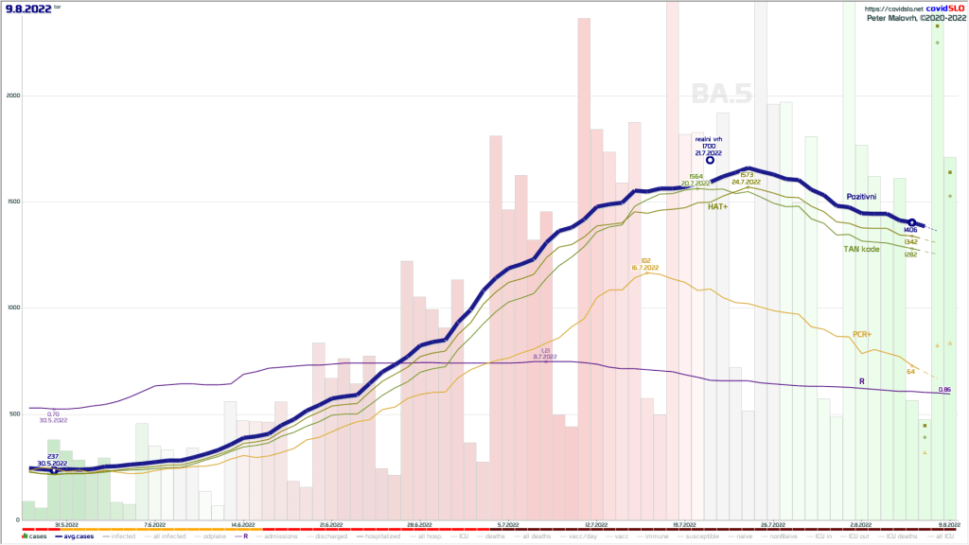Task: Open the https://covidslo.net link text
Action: pos(892,8)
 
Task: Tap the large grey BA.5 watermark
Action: pos(721,94)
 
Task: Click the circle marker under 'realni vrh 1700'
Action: pos(710,161)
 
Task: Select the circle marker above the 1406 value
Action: pos(911,222)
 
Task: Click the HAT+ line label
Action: pos(718,205)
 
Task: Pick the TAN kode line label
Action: pos(862,249)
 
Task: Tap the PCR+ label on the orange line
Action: pos(862,334)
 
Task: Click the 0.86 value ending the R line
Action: pos(944,390)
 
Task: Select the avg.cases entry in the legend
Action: pos(76,536)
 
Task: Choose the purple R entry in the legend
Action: pos(243,536)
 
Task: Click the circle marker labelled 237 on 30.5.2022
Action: pos(54,470)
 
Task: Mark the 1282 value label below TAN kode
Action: pos(911,255)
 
